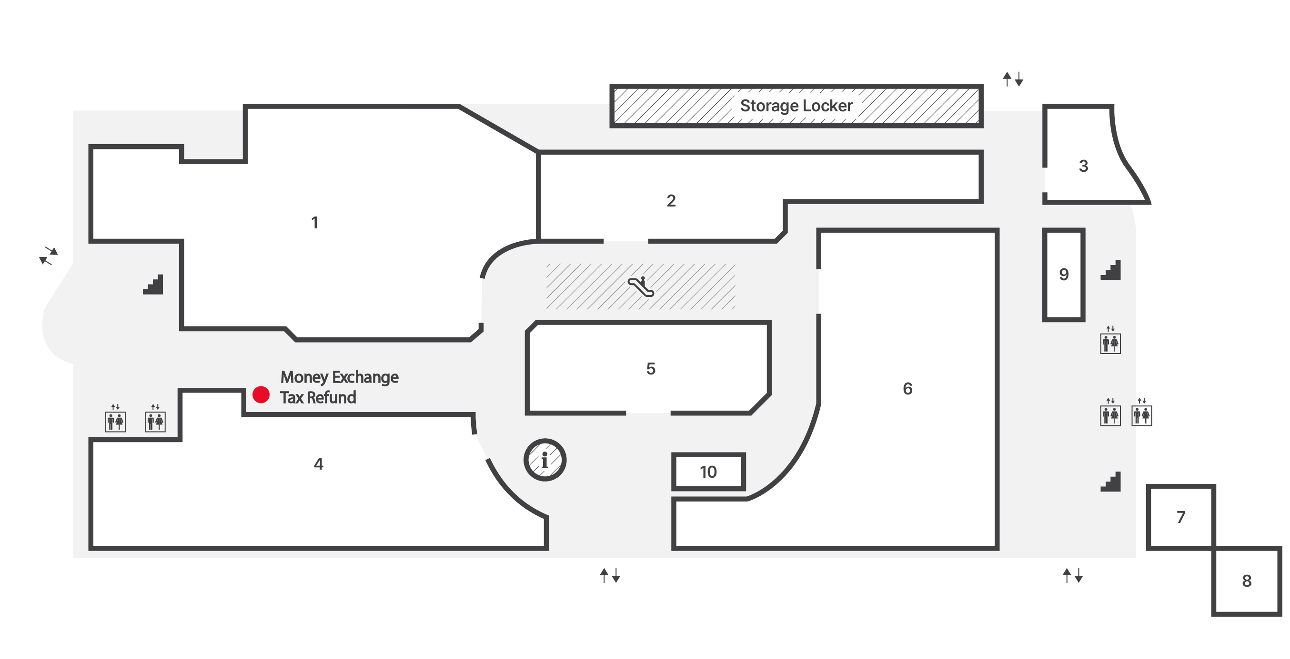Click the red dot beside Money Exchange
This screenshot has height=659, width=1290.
261,394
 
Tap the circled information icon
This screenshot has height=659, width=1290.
545,460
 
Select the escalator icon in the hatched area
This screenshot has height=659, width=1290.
641,286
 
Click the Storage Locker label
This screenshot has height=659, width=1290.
796,106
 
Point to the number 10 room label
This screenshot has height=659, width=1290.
708,472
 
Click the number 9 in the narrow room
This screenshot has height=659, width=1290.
1064,274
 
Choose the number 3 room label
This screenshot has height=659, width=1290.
1083,166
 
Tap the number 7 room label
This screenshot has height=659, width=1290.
1181,517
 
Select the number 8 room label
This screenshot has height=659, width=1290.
1247,580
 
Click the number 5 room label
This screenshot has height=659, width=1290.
651,369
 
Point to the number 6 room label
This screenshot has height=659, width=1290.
907,388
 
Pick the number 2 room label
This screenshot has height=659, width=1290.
671,201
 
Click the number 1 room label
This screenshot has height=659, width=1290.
314,223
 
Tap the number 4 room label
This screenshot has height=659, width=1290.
319,464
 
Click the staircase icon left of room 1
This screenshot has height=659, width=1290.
153,284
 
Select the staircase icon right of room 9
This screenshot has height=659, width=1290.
1110,270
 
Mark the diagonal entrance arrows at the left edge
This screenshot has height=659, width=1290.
49,256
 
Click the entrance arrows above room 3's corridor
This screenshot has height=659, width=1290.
1013,79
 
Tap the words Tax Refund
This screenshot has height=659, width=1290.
318,397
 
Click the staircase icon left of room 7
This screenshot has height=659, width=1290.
1110,482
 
